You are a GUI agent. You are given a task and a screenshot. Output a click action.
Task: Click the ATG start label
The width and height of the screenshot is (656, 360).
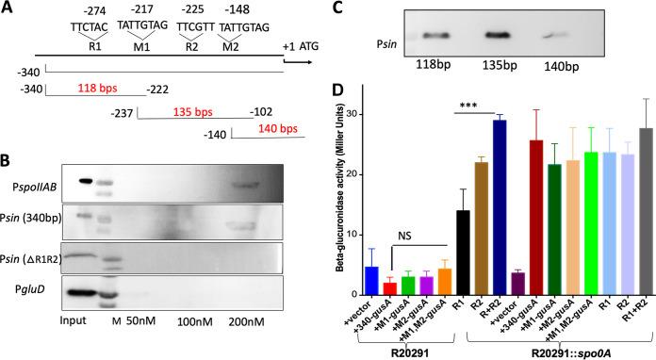click(x=310, y=45)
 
